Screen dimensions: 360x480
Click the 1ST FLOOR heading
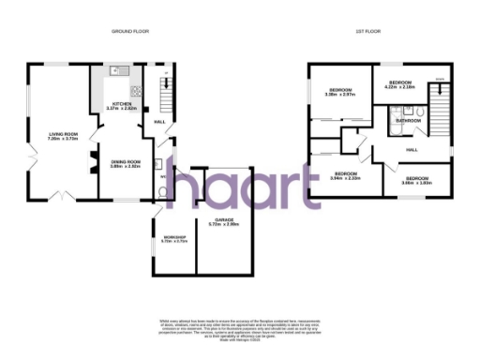[x=367, y=31]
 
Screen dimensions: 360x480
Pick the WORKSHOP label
[x=175, y=237]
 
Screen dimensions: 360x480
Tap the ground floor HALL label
[x=159, y=122]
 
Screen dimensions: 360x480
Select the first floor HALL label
[x=412, y=150]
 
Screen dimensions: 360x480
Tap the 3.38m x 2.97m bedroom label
[x=338, y=92]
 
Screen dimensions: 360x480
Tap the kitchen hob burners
[x=137, y=92]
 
